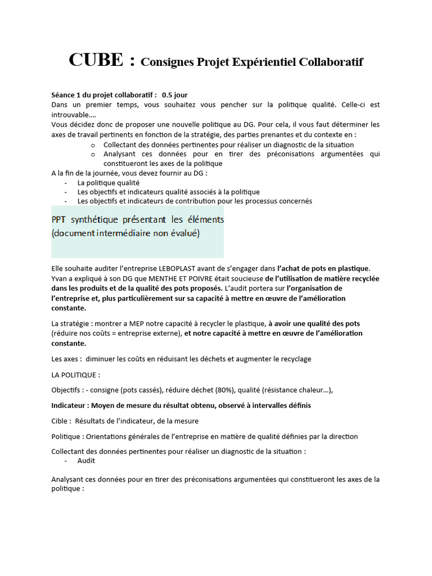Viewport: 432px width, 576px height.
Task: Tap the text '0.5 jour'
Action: coord(174,95)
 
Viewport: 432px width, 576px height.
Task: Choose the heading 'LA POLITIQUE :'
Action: coord(76,375)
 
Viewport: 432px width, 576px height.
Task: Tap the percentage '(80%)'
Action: coord(224,390)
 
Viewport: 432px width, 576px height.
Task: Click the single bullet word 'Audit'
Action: coord(86,461)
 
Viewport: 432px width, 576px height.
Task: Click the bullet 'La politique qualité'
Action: coord(108,183)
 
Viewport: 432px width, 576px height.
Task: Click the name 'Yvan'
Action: coord(60,278)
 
